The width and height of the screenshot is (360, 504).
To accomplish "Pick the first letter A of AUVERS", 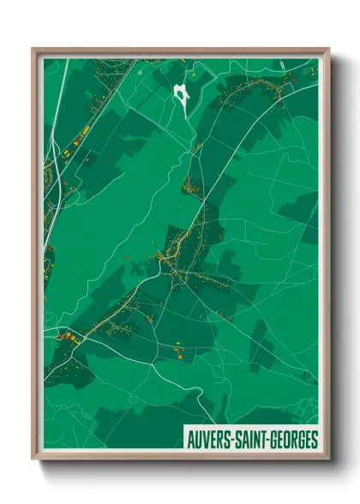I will click(190, 440).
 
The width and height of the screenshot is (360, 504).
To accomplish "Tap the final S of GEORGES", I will click(314, 440).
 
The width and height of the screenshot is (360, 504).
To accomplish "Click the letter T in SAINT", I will click(264, 440).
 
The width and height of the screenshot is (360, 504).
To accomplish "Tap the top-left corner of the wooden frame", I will click(33, 50).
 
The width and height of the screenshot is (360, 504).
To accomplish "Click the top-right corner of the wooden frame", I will click(328, 50).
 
